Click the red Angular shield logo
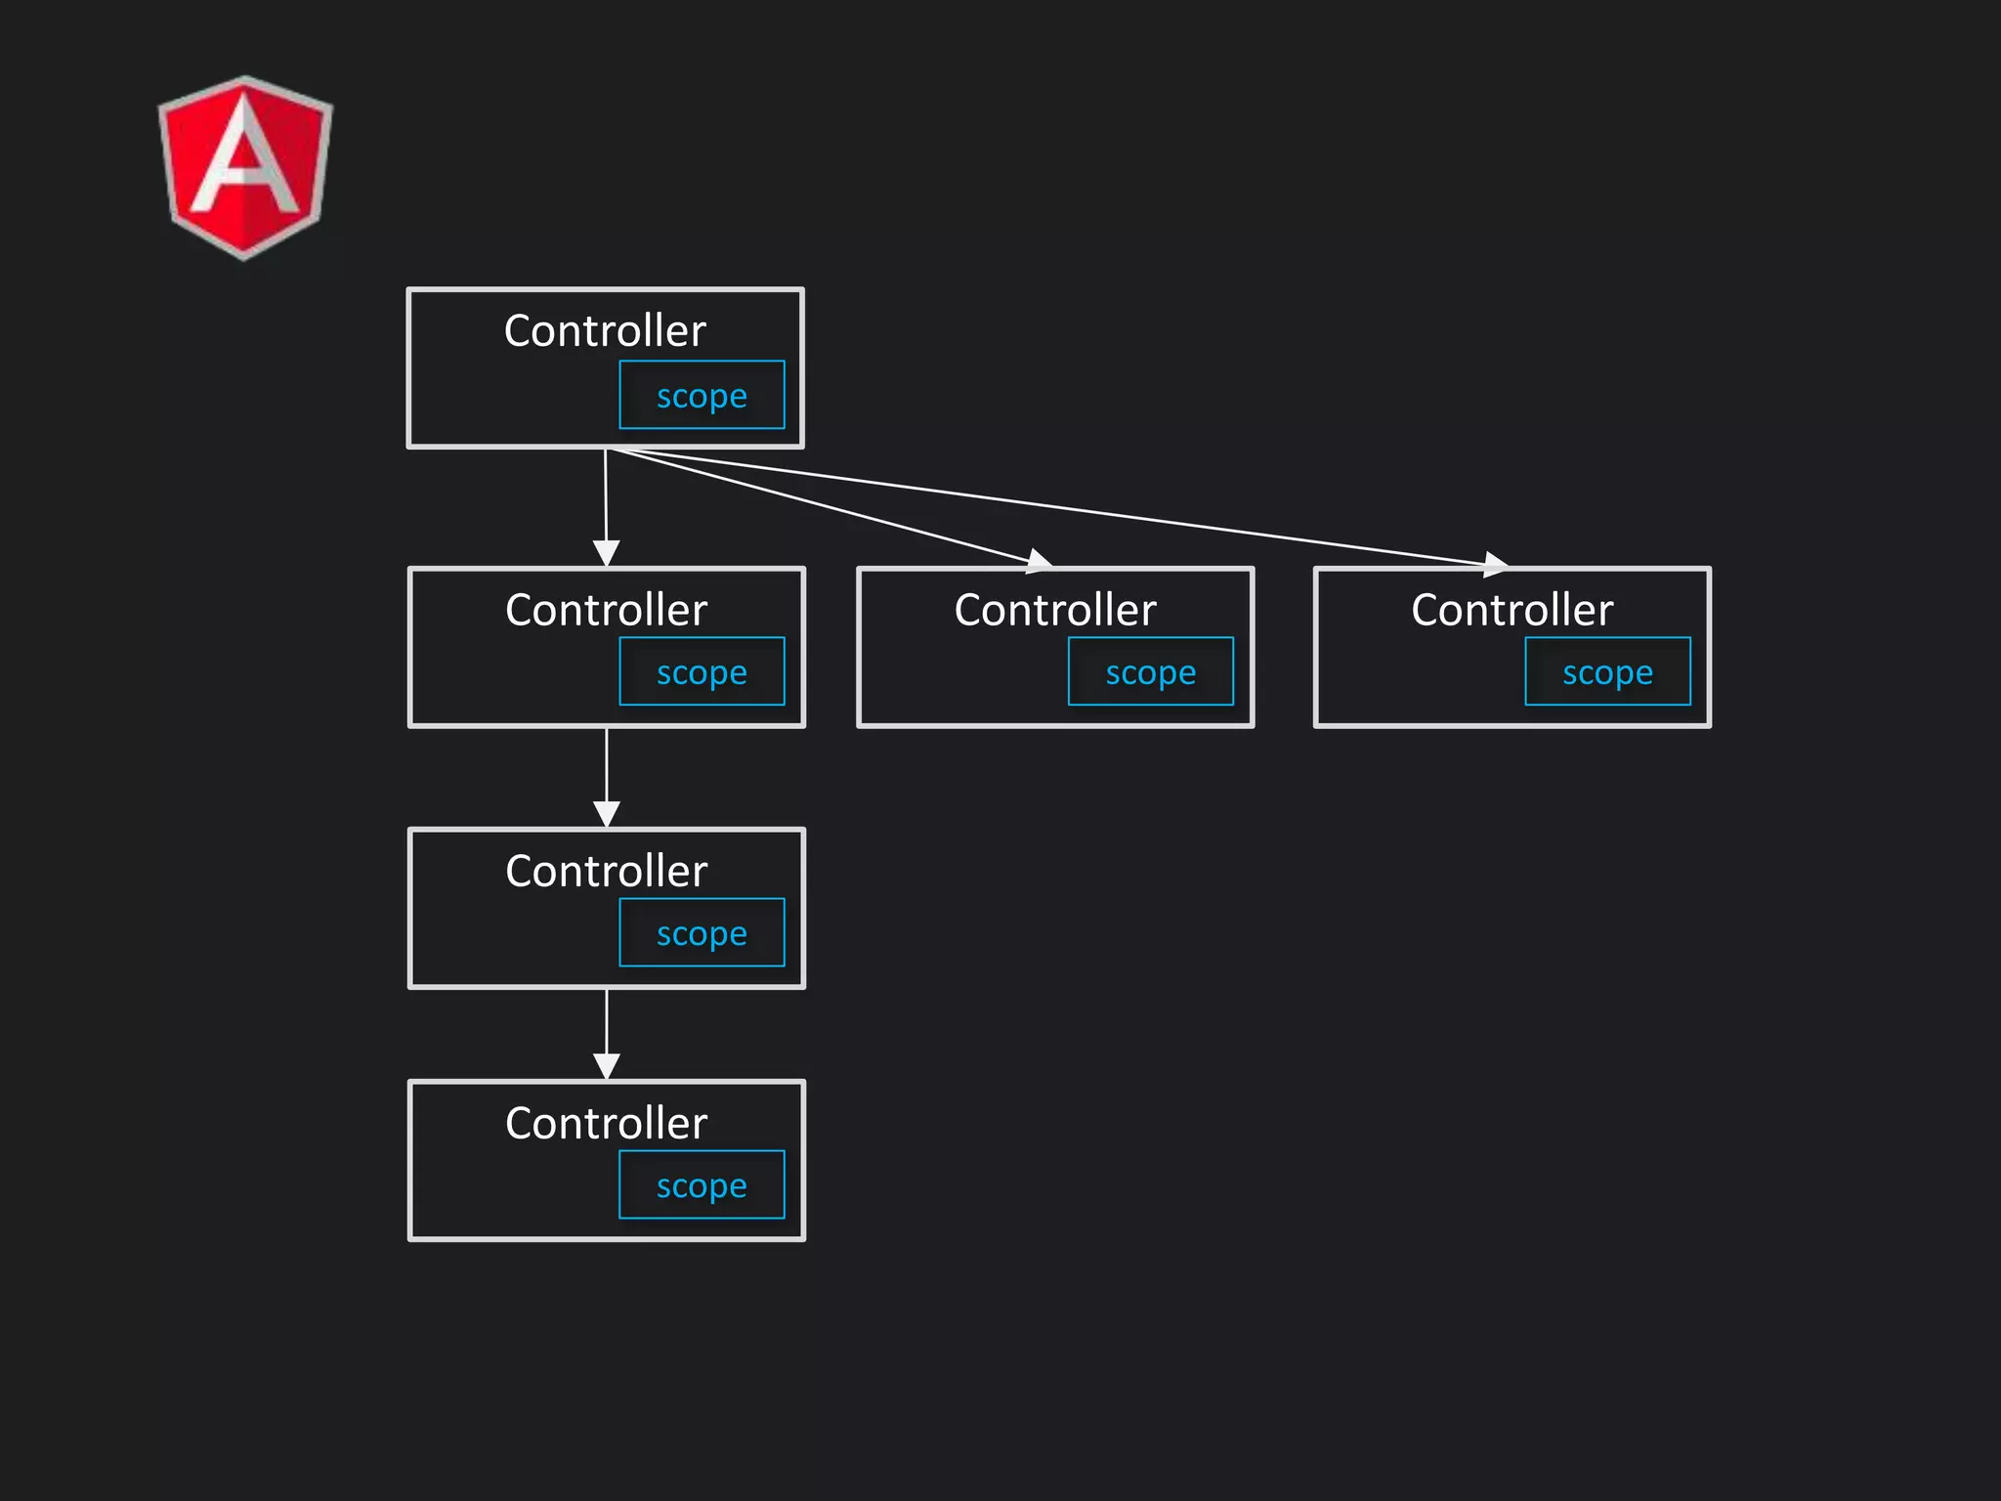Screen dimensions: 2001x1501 pyautogui.click(x=245, y=167)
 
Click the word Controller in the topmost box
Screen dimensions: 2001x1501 pyautogui.click(x=605, y=330)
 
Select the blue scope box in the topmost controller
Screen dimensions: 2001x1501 pyautogui.click(x=702, y=395)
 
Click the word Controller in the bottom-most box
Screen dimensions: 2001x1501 pyautogui.click(x=606, y=1123)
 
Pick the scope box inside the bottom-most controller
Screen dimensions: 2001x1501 pyautogui.click(x=702, y=1184)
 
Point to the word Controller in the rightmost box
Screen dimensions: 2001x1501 pyautogui.click(x=1511, y=610)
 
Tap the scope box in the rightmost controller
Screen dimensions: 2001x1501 pyautogui.click(x=1607, y=671)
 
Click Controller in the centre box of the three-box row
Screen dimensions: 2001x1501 pyautogui.click(x=1055, y=610)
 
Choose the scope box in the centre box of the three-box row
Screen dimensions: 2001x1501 pyautogui.click(x=1151, y=671)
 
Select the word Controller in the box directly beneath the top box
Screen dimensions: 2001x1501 pyautogui.click(x=606, y=610)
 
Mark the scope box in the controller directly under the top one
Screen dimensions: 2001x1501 pyautogui.click(x=702, y=671)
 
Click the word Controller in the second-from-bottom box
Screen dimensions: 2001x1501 pyautogui.click(x=606, y=871)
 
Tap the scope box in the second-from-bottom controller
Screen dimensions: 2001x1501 pyautogui.click(x=702, y=932)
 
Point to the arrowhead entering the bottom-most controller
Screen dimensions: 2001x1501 pyautogui.click(x=607, y=1066)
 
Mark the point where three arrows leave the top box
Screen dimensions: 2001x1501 pyautogui.click(x=607, y=450)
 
